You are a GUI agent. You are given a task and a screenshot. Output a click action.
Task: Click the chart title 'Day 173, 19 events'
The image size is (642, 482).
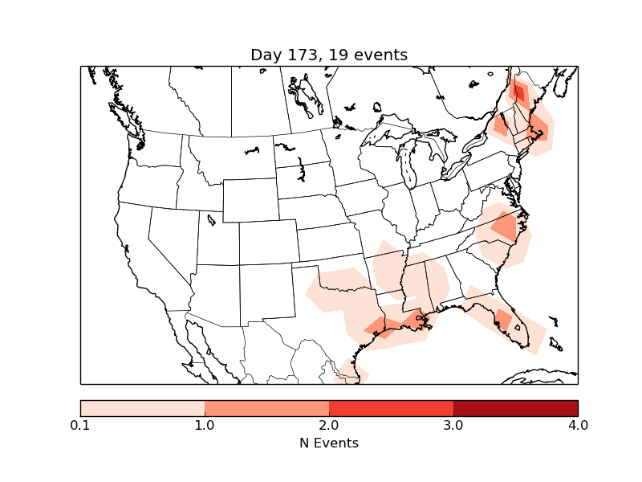329,55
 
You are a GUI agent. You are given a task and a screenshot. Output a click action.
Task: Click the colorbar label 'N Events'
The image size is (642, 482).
329,443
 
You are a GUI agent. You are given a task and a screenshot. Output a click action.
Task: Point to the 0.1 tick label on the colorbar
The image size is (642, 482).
80,425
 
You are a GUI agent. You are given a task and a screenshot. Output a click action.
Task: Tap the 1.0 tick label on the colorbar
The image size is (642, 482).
205,425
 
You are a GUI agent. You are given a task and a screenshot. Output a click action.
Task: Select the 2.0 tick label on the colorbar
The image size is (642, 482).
329,425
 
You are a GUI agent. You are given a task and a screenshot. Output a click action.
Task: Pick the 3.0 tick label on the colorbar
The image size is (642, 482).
453,425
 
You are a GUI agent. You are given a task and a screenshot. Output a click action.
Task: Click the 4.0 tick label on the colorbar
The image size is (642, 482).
578,425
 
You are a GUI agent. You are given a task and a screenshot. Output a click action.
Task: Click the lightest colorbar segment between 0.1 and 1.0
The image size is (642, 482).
142,408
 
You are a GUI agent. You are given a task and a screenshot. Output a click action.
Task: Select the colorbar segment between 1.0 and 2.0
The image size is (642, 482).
266,408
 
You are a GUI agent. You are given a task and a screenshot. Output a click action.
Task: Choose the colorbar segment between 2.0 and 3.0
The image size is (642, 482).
391,408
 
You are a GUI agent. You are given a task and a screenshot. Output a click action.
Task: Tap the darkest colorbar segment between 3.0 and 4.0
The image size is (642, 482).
515,408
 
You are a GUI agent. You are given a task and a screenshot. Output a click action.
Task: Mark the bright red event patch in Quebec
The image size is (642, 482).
519,93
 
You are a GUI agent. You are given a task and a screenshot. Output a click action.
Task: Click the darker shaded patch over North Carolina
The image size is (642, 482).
505,228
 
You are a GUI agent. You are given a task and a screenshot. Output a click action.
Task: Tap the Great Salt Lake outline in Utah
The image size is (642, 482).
211,219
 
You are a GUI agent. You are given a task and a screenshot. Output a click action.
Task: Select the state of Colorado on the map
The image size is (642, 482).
267,242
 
